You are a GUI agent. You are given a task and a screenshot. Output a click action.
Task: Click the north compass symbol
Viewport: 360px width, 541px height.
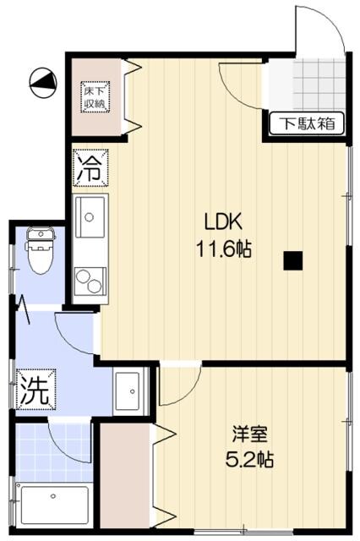(42, 81)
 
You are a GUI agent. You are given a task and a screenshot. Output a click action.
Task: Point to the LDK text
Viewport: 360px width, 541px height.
(224, 222)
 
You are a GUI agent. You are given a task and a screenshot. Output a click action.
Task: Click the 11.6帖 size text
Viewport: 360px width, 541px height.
(224, 250)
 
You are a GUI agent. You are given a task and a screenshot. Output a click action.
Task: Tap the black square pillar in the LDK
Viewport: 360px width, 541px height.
(293, 261)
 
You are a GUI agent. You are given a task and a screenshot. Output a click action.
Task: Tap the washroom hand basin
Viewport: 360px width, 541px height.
(130, 388)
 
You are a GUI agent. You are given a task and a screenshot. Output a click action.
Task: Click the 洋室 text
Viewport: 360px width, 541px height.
(251, 434)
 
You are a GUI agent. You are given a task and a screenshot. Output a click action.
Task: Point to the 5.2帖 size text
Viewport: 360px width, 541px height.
(251, 462)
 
